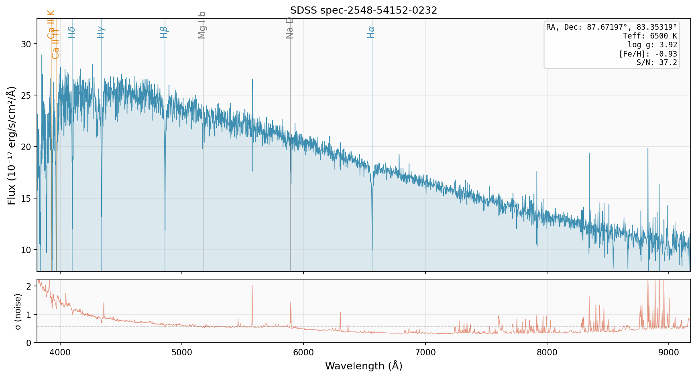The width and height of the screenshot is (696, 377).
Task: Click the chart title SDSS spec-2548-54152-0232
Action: pos(364,10)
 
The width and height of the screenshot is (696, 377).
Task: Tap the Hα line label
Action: pos(371,32)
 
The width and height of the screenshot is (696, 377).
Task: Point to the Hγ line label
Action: pos(101,32)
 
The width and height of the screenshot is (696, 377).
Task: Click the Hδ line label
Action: pos(72,32)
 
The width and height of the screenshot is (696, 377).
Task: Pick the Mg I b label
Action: pos(202,25)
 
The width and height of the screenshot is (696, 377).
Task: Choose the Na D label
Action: pos(290,28)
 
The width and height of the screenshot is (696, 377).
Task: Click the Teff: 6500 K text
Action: pos(650,36)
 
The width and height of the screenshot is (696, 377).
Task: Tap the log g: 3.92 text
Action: pos(652,45)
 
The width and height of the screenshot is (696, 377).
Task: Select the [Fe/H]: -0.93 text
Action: pos(648,54)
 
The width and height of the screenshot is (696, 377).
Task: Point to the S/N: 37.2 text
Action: pos(657,63)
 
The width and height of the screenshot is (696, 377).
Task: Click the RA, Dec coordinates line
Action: pos(611,27)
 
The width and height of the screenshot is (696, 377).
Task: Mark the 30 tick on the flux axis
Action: pos(26,44)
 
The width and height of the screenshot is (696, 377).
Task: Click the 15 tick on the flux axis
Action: pos(26,199)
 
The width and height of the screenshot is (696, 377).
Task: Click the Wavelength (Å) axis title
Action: pos(364,366)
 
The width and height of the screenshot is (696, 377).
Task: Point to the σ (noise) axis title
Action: pos(18,311)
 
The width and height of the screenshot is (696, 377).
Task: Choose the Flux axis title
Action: pos(12,145)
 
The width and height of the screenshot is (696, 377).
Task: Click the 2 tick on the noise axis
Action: pos(28,286)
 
